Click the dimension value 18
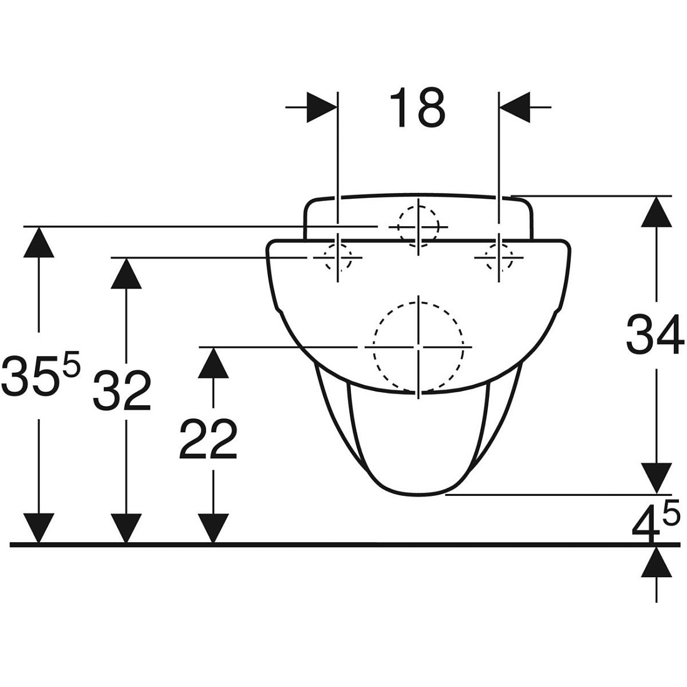(417, 107)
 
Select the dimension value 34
(655, 335)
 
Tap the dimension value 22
(208, 439)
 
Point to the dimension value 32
(122, 390)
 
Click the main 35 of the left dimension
(30, 376)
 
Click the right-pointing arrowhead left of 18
(322, 107)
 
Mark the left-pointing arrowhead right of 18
(515, 107)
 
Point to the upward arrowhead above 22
(214, 362)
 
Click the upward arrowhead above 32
(126, 272)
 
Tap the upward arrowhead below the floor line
(656, 561)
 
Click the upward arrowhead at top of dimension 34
(656, 212)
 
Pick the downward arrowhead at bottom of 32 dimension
(126, 528)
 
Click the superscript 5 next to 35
(72, 362)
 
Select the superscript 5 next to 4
(671, 512)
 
